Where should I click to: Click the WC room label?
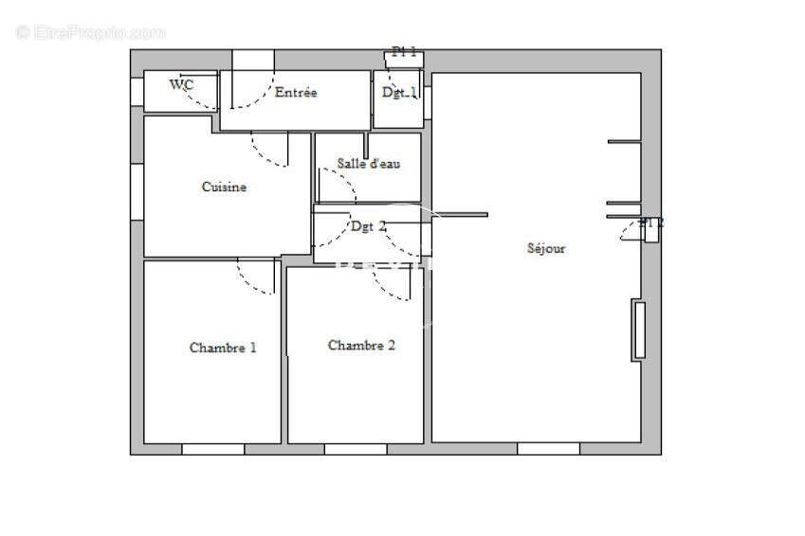[182, 84]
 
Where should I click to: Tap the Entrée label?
[296, 93]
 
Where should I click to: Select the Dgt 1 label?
[399, 93]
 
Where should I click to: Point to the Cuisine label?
[224, 187]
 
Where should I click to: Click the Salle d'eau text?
[368, 164]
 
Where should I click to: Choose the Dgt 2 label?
[368, 226]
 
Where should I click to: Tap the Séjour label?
[546, 248]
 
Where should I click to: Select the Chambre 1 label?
[223, 348]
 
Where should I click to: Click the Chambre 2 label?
[361, 345]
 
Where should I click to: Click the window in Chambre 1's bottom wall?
[212, 449]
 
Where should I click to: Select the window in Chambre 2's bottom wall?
[356, 449]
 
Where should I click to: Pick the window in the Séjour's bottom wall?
[548, 449]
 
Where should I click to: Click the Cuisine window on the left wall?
[137, 192]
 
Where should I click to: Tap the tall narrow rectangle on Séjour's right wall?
[639, 330]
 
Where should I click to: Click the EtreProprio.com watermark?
[90, 33]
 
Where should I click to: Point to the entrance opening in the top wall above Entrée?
[253, 60]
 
